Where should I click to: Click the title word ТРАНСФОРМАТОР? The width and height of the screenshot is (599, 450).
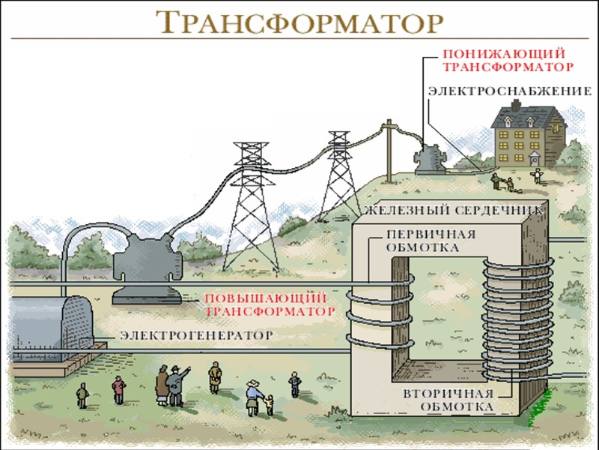[x=299, y=22]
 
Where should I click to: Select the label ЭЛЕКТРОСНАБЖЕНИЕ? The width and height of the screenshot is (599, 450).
[x=509, y=91]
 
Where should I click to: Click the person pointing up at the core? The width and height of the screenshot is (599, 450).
[x=177, y=384]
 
